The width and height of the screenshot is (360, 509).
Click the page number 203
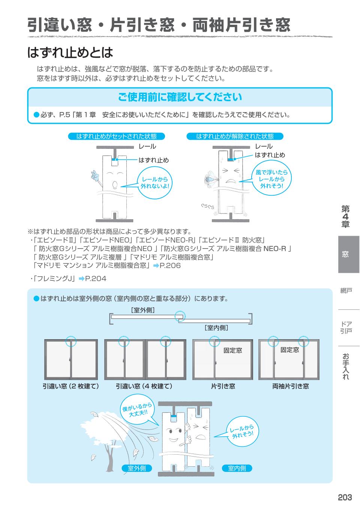345,497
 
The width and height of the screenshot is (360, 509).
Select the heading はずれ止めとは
70,52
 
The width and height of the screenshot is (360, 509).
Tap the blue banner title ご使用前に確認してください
180,97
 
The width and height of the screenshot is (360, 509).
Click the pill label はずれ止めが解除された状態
235,136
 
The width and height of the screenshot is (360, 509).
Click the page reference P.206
170,266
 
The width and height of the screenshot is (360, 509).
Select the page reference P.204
96,278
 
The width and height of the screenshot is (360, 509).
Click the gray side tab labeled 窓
345,254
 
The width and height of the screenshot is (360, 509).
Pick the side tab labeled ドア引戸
346,327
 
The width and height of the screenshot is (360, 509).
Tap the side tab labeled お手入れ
346,366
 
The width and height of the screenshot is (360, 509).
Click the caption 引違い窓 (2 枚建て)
71,386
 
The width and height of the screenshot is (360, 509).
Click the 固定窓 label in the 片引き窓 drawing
232,350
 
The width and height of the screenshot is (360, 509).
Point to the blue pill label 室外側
137,468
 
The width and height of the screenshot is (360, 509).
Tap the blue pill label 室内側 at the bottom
237,468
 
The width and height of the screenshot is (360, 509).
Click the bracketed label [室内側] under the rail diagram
216,328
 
